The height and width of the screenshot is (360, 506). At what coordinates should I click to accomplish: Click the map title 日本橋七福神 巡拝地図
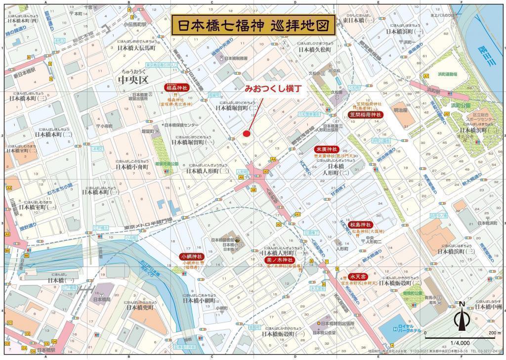253,25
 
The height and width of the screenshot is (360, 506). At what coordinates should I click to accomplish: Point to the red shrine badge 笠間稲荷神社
366,114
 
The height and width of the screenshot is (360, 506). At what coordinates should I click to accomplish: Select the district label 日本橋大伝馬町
136,49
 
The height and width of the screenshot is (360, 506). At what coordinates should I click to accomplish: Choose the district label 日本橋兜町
140,307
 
